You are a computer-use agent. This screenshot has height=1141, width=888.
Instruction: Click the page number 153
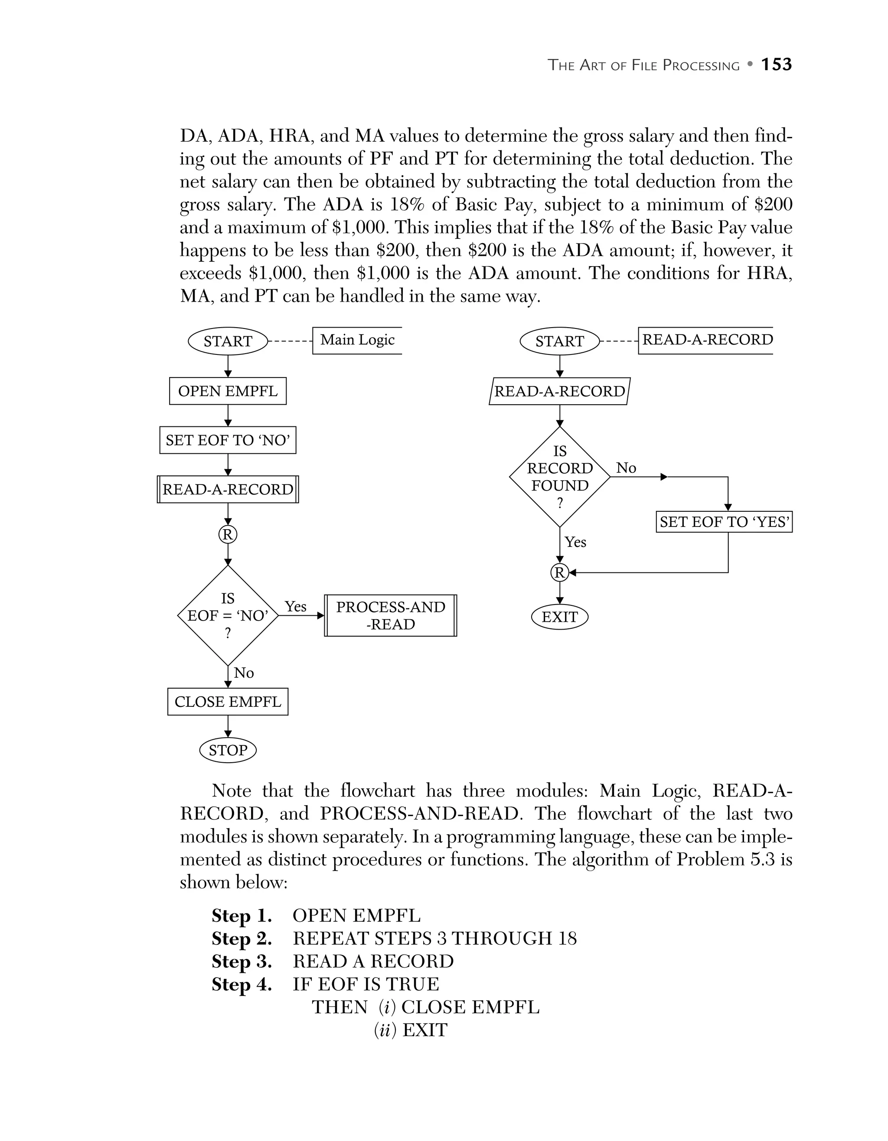776,65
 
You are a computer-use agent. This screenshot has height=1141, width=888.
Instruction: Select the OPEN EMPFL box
228,391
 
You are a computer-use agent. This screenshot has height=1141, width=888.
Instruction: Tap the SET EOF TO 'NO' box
228,440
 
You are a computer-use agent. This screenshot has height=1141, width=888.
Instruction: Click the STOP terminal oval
228,750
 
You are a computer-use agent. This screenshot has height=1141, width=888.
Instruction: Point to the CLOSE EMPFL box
228,702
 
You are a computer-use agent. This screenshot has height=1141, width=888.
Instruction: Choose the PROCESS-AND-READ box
390,615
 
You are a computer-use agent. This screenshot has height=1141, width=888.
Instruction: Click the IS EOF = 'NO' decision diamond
228,615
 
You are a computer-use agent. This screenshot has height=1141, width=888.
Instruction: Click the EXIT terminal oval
560,617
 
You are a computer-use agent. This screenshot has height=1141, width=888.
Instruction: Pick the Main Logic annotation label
358,340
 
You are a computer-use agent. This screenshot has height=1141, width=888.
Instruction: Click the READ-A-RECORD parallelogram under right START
560,391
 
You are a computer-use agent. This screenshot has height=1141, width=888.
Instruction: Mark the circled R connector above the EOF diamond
228,534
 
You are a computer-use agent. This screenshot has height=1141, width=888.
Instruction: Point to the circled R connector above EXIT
560,572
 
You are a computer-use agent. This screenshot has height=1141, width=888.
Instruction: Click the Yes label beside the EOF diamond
295,607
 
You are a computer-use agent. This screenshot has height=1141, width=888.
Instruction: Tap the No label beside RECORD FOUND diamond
626,468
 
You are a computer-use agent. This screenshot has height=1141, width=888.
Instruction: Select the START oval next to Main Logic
228,341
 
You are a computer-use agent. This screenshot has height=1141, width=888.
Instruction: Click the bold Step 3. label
242,962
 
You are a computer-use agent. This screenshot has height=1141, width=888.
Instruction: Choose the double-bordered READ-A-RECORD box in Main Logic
228,490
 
